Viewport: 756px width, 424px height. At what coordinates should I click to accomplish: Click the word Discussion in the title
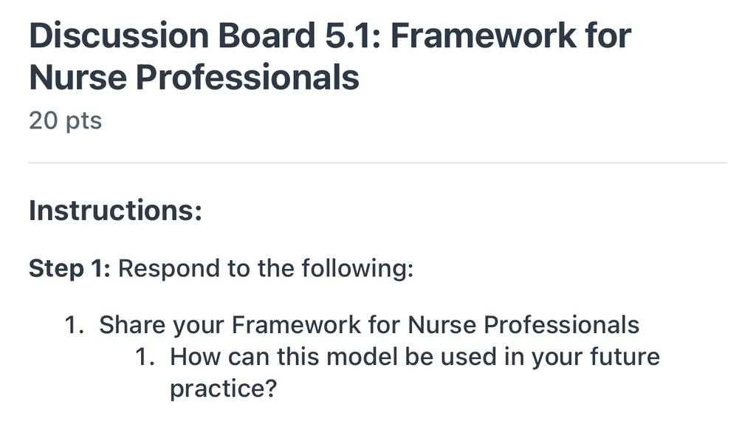click(119, 35)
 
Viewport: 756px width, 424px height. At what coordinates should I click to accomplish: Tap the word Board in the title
click(267, 35)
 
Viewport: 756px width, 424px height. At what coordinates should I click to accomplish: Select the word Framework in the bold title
click(484, 35)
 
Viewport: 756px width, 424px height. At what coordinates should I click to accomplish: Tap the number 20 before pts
click(44, 120)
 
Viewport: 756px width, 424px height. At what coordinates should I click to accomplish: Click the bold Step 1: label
click(70, 269)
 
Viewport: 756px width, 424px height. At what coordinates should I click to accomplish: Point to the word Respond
click(169, 268)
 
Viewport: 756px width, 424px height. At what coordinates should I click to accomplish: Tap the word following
click(358, 268)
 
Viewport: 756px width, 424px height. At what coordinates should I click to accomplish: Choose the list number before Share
click(75, 325)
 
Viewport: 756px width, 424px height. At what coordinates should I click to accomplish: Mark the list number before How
click(145, 358)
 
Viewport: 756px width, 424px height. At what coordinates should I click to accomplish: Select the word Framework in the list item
click(296, 324)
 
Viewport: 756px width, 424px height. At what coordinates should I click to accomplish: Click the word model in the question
click(362, 357)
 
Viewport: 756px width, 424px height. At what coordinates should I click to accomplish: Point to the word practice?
click(223, 389)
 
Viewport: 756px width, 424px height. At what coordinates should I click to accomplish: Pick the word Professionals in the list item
click(562, 324)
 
